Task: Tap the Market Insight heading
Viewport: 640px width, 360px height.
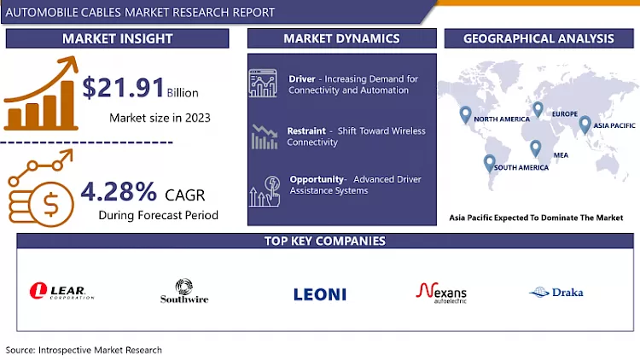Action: (118, 38)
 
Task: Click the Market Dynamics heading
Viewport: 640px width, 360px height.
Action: (341, 38)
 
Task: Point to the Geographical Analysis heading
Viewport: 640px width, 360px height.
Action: (538, 38)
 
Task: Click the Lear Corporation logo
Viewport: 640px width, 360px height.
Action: (61, 292)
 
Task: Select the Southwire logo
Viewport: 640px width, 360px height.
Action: (184, 292)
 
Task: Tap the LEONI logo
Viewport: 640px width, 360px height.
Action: (320, 293)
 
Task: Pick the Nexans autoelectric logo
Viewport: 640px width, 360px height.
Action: (441, 293)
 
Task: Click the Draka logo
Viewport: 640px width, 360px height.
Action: (556, 292)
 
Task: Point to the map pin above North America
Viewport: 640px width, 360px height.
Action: (465, 114)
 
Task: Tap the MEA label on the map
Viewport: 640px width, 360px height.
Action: (561, 154)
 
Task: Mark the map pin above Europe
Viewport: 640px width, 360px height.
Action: (538, 109)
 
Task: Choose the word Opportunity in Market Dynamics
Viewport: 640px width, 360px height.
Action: (316, 179)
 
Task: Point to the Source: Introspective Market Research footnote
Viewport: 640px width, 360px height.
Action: (84, 350)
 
